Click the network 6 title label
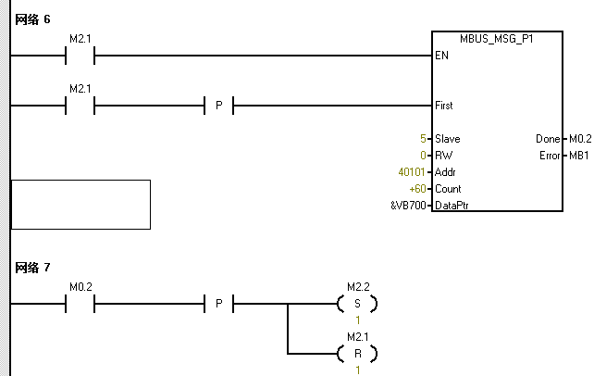[32, 19]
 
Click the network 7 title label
[32, 268]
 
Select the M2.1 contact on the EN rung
[80, 56]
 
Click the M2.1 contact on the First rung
[80, 106]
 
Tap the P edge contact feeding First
[218, 106]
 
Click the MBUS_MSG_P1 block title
[496, 39]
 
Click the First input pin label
[443, 106]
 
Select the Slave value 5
[422, 139]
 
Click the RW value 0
[422, 156]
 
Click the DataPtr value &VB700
[409, 206]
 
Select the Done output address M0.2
[579, 139]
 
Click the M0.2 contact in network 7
[80, 304]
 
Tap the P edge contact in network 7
[218, 304]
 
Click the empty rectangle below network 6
[80, 204]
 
